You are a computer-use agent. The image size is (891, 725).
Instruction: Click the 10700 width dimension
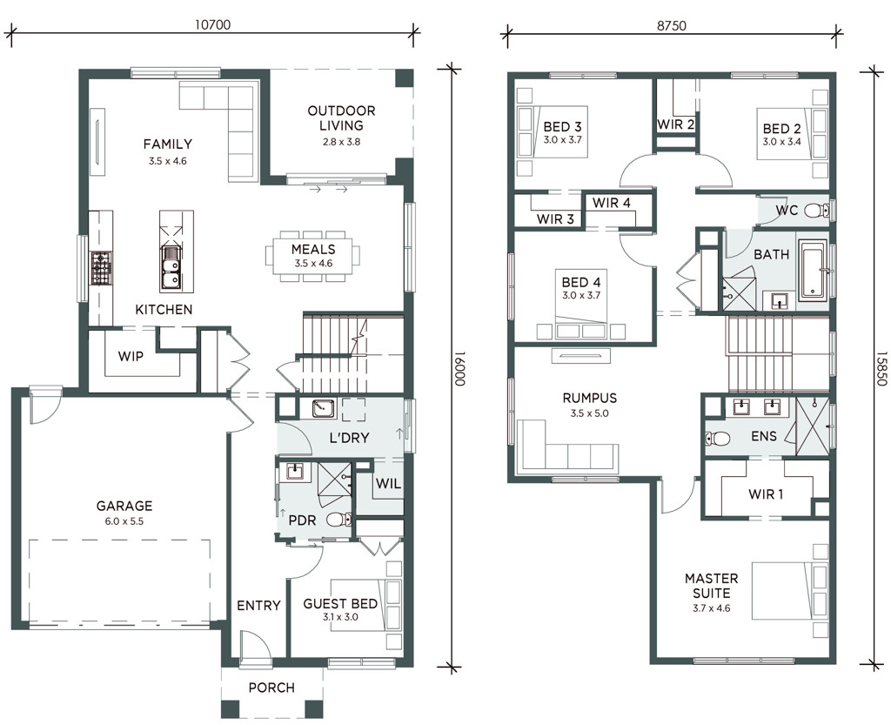(212, 24)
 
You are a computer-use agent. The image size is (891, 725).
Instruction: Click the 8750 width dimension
(672, 25)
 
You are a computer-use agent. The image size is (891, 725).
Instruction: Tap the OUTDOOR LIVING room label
(341, 118)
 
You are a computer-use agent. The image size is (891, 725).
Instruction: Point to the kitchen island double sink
(170, 269)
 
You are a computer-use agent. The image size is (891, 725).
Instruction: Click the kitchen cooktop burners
(102, 268)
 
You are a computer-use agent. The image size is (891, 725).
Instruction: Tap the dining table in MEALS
(313, 255)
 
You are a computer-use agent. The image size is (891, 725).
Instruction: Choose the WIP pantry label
(131, 356)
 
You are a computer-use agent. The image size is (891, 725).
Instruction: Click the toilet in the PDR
(339, 520)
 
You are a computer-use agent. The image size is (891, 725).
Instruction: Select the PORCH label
(271, 688)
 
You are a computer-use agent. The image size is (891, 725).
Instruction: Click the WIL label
(389, 484)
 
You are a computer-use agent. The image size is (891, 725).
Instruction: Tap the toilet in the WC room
(818, 211)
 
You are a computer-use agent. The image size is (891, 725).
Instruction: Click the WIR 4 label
(612, 203)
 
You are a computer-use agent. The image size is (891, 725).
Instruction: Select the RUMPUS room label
(590, 398)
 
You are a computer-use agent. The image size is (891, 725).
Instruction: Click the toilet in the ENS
(717, 439)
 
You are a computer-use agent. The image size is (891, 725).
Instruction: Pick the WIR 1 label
(766, 494)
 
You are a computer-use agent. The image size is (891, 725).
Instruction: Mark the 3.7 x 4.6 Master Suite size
(712, 608)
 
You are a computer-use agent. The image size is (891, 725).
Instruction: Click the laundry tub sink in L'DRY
(324, 408)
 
